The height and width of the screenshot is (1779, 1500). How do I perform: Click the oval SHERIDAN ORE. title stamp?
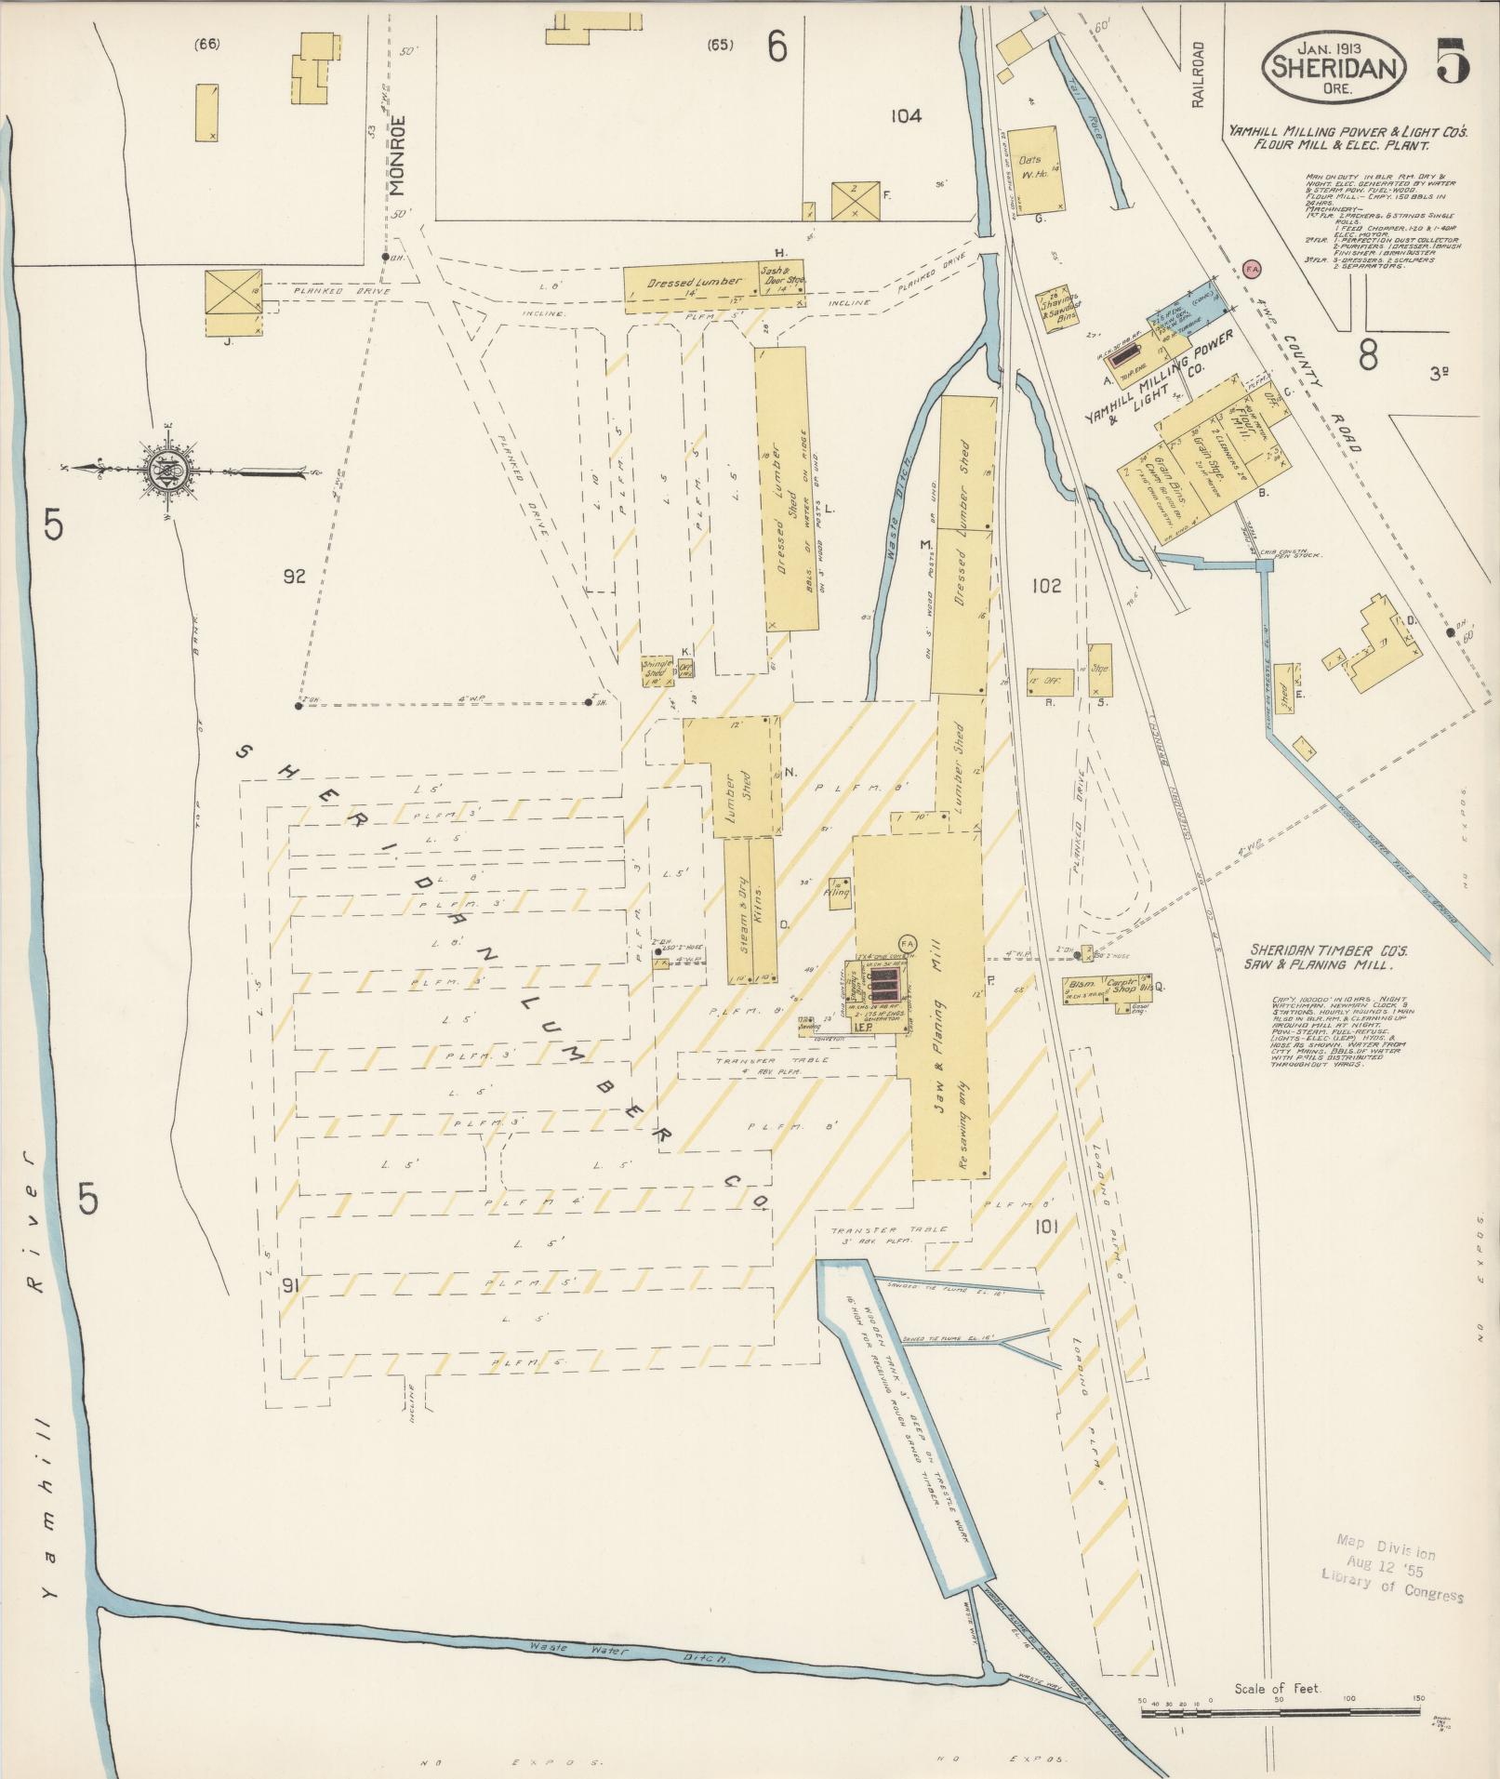pos(1333,69)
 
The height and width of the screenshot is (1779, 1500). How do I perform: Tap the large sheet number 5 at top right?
pos(1452,60)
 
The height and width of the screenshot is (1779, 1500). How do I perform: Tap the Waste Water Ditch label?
pos(629,1649)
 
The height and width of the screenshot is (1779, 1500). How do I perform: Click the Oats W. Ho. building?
pos(1033,168)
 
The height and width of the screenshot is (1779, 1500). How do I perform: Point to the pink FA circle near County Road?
pos(1252,269)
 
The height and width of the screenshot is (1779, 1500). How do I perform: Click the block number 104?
pos(905,116)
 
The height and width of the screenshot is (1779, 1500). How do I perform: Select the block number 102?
pos(1046,587)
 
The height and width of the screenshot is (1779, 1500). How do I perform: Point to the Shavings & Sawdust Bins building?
pos(1059,310)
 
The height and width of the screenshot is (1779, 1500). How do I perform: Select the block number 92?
pos(294,577)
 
